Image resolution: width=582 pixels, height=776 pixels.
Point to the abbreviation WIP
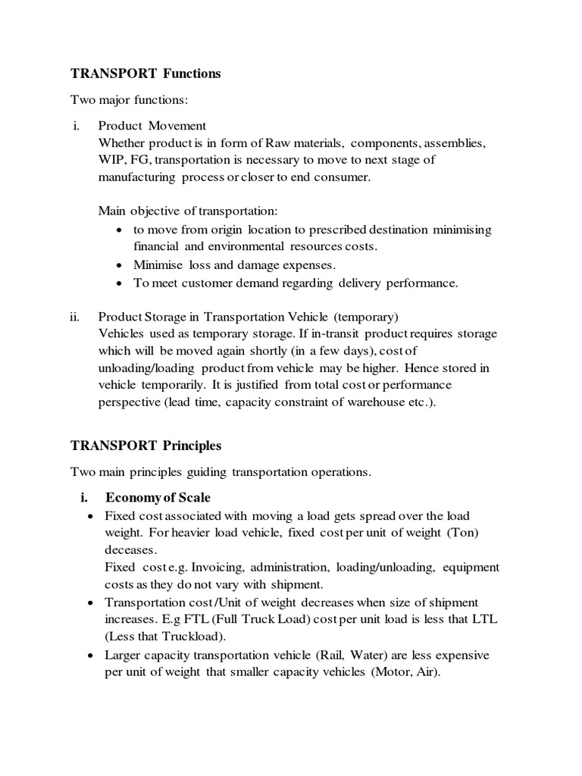click(x=111, y=160)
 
